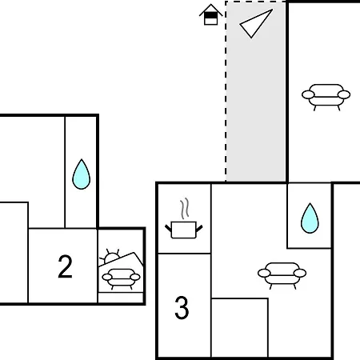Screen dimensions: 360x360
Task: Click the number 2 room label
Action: click(66, 266)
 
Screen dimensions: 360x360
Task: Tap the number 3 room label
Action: click(182, 308)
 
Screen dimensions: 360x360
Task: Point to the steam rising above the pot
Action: click(184, 209)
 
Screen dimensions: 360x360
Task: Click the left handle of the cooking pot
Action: click(168, 229)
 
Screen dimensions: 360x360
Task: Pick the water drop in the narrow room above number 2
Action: click(82, 174)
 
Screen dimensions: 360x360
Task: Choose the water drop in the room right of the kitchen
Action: click(310, 218)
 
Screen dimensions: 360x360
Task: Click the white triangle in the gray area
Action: click(254, 23)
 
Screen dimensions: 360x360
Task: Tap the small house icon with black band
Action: click(210, 14)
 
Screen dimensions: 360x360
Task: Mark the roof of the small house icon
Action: click(210, 10)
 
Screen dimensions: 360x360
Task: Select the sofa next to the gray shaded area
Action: click(326, 98)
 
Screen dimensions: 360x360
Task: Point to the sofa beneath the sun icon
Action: click(121, 279)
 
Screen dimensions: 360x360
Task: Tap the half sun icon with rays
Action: click(110, 257)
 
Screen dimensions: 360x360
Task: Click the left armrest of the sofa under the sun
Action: click(107, 277)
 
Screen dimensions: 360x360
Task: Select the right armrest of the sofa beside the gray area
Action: click(344, 94)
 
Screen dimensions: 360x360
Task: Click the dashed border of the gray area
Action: click(226, 90)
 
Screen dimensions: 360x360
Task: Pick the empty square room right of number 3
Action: click(240, 327)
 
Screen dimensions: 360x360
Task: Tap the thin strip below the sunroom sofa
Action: click(121, 298)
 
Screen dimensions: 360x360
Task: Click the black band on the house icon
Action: click(210, 15)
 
